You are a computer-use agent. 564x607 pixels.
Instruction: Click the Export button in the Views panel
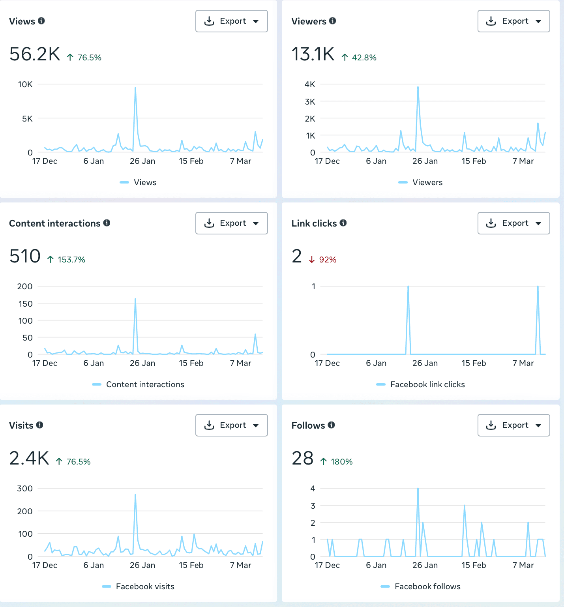(231, 21)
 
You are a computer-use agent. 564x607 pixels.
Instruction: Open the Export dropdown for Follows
(513, 425)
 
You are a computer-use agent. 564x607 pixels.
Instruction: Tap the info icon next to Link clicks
(343, 223)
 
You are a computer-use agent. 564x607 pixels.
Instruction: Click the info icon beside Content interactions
(107, 223)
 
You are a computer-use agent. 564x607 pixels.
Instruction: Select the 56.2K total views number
(35, 54)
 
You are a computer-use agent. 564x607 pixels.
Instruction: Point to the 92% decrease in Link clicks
(327, 260)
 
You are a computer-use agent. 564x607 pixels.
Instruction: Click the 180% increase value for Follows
(341, 462)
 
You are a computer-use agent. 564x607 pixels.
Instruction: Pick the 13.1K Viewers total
(313, 54)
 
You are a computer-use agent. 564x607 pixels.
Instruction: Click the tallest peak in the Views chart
(135, 88)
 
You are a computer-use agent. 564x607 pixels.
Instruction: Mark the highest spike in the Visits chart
(135, 495)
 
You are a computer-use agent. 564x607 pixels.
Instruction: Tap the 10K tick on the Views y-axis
(25, 84)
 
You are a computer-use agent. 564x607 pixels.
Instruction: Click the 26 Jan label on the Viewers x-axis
(425, 161)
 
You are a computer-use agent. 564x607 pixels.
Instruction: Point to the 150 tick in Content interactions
(25, 303)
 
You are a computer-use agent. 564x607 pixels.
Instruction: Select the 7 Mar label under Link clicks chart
(523, 363)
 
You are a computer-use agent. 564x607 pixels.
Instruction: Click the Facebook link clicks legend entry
(427, 384)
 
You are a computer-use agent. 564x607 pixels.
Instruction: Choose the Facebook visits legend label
(145, 586)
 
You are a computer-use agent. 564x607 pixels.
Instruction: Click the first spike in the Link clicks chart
(408, 287)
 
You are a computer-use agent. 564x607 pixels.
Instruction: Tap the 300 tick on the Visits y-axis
(25, 489)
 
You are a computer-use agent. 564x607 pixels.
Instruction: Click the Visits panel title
(21, 425)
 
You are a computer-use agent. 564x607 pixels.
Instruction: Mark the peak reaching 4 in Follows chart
(418, 489)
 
